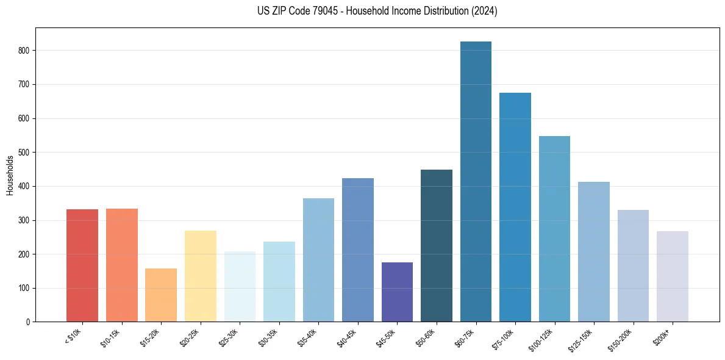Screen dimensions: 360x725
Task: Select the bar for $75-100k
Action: pyautogui.click(x=515, y=207)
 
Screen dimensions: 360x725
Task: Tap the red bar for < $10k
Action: pyautogui.click(x=82, y=265)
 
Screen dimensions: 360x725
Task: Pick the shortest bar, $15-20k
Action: pyautogui.click(x=161, y=295)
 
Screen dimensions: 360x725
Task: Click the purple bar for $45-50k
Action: pyautogui.click(x=397, y=292)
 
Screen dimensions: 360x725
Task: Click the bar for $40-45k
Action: pyautogui.click(x=358, y=250)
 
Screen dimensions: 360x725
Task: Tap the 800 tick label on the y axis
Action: pyautogui.click(x=24, y=51)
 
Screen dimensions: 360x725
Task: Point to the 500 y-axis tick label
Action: pyautogui.click(x=24, y=153)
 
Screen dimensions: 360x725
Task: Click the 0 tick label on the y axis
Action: pyautogui.click(x=28, y=322)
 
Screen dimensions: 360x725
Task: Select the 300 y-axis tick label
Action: pyautogui.click(x=24, y=220)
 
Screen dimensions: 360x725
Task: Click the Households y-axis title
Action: pyautogui.click(x=10, y=175)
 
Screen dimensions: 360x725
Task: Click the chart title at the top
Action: pyautogui.click(x=377, y=11)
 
